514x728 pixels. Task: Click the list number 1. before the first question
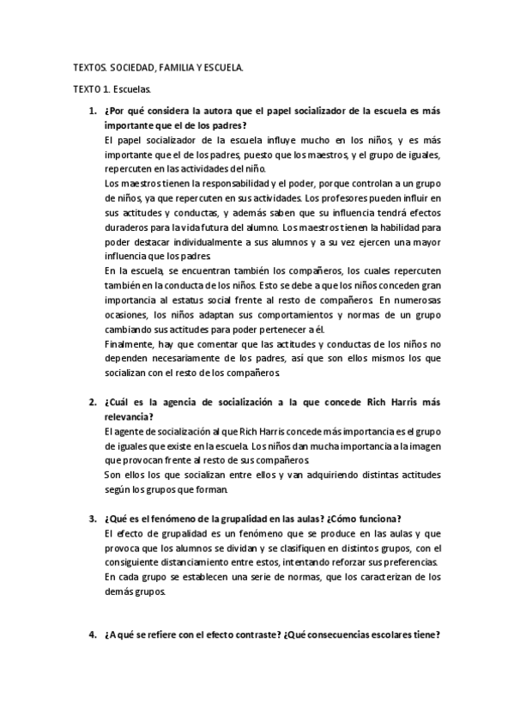coord(93,111)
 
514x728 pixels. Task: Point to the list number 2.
coord(93,403)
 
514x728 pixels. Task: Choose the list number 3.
coord(93,519)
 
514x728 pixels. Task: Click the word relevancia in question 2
coord(128,416)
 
